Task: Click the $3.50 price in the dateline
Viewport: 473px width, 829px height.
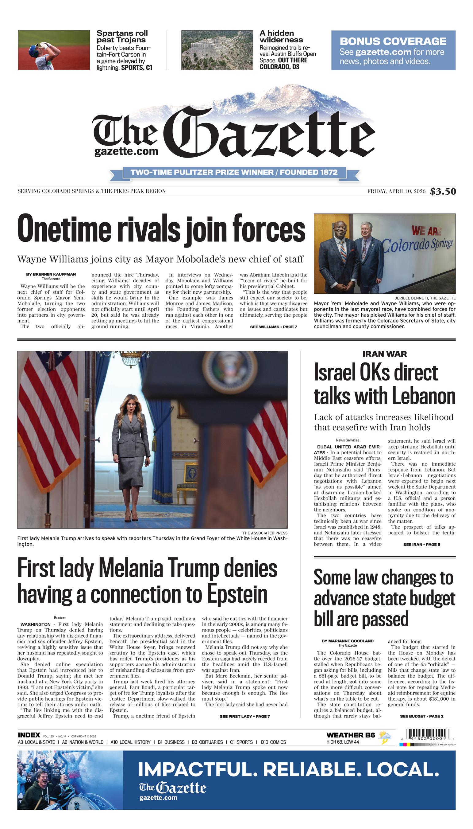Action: point(443,191)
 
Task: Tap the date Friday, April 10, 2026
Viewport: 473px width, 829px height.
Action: point(396,191)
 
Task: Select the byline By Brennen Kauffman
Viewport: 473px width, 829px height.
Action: point(51,274)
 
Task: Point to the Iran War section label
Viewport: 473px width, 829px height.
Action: point(384,354)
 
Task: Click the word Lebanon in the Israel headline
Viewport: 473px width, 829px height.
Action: point(423,396)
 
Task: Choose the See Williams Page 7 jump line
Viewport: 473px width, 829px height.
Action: point(273,327)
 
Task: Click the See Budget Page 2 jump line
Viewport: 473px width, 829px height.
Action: point(422,716)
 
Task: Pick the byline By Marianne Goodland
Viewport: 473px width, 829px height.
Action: point(348,641)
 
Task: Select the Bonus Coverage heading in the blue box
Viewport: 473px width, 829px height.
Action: point(393,41)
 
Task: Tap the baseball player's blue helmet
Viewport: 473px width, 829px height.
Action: point(33,50)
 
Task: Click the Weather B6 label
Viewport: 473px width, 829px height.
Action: point(351,735)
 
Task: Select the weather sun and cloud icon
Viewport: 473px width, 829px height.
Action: point(385,737)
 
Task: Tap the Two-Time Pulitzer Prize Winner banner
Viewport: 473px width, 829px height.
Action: point(234,172)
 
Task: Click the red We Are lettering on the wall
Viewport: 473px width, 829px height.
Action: point(426,231)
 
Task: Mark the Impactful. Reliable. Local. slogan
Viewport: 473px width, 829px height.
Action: point(288,769)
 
